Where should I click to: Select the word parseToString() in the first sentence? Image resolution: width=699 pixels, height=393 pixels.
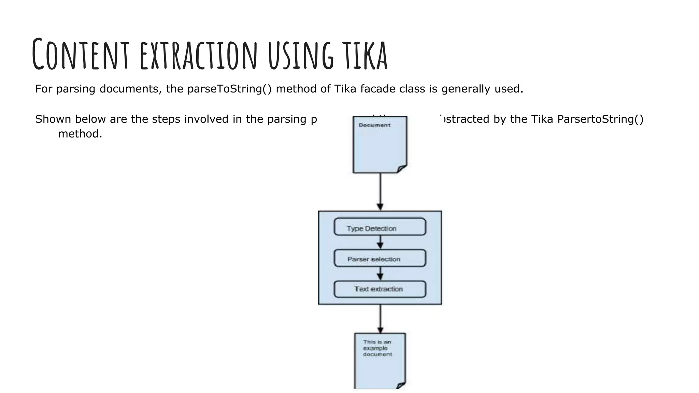[229, 89]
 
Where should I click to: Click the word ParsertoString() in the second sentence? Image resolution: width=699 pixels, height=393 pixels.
[600, 119]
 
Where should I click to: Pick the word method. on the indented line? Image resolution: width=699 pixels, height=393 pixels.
[80, 134]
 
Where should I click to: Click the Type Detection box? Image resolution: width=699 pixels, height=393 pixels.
[380, 227]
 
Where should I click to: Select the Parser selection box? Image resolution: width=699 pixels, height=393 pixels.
[380, 258]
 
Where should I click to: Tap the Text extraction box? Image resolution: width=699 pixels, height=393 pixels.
[380, 289]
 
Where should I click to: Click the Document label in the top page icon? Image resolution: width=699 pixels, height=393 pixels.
[374, 125]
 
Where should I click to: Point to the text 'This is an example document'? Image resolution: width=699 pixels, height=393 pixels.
[377, 348]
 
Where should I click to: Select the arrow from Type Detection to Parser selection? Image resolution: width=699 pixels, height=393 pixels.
[380, 243]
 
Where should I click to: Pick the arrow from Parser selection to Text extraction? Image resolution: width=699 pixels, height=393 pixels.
[380, 274]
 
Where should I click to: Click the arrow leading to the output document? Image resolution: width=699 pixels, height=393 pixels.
[380, 319]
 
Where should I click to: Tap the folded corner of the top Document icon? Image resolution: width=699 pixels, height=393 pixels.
[402, 169]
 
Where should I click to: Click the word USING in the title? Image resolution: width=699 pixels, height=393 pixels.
[301, 55]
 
